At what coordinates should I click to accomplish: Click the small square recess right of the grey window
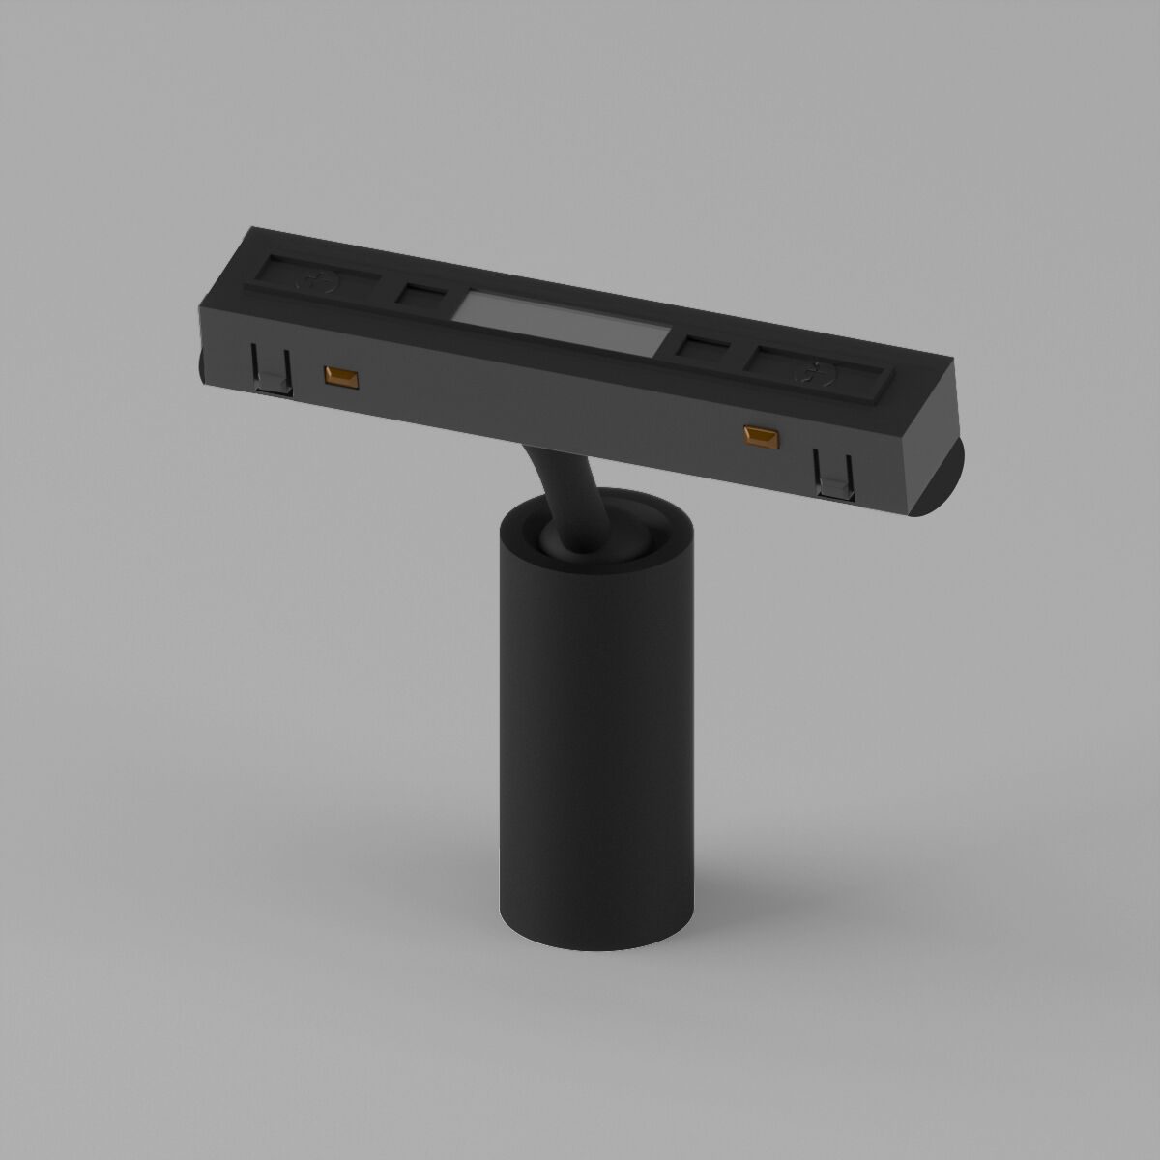tap(701, 345)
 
